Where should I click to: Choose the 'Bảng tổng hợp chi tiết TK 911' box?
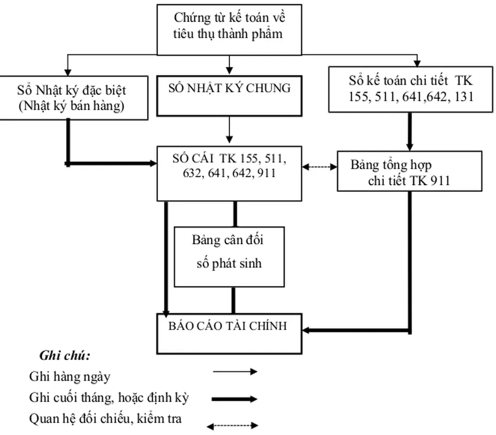[409, 171]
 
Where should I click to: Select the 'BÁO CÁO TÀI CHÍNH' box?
[229, 333]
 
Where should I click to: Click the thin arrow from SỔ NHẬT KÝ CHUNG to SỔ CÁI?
[229, 130]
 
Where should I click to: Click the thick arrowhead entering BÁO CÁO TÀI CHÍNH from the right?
[309, 330]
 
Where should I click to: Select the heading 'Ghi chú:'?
[65, 356]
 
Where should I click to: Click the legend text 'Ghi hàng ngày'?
[70, 377]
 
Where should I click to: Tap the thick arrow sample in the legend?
[235, 399]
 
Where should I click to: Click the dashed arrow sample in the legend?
[235, 425]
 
